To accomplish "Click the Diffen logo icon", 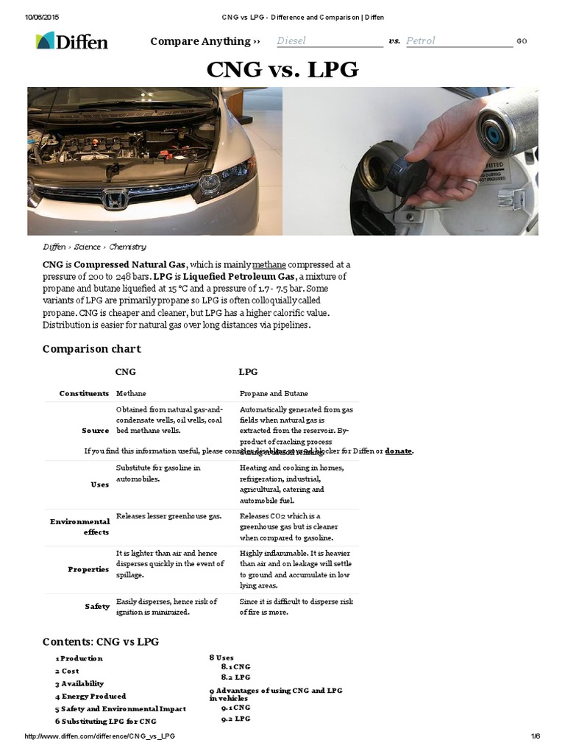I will pyautogui.click(x=45, y=41).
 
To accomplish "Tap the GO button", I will pyautogui.click(x=522, y=41).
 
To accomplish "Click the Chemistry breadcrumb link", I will pyautogui.click(x=127, y=247).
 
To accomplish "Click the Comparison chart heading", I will pyautogui.click(x=91, y=348).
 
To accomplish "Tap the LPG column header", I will pyautogui.click(x=249, y=372).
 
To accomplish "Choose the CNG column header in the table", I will pyautogui.click(x=126, y=372).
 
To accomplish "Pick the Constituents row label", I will pyautogui.click(x=85, y=394).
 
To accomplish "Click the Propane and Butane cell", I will pyautogui.click(x=274, y=394).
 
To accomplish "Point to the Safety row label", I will pyautogui.click(x=97, y=606).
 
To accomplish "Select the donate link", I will pyautogui.click(x=399, y=451).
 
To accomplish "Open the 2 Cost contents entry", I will pyautogui.click(x=67, y=671).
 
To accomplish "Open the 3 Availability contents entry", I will pyautogui.click(x=79, y=683).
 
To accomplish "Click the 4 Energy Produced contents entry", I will pyautogui.click(x=90, y=696).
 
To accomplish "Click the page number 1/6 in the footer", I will pyautogui.click(x=535, y=736).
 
